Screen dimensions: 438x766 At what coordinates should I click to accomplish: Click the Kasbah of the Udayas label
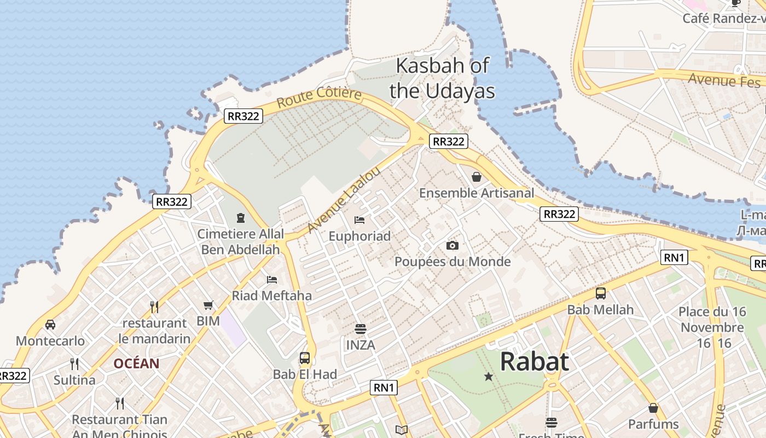coord(442,78)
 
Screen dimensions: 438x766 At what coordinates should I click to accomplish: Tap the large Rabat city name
coord(534,362)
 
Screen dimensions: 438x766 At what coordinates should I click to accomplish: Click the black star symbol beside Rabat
coord(489,377)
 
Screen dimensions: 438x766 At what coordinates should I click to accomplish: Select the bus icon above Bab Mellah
coord(601,293)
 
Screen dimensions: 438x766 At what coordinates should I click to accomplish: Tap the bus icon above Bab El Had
coord(305,359)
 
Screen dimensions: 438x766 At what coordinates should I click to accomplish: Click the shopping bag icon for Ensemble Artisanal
coord(477,177)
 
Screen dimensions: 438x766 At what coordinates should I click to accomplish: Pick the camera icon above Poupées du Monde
coord(452,245)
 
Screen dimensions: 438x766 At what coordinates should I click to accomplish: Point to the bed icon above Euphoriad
coord(359,220)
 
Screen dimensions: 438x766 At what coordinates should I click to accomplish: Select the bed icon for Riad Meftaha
coord(272,280)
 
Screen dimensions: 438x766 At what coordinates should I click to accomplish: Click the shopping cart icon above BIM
coord(208,305)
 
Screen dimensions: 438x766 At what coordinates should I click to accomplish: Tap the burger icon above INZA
coord(360,329)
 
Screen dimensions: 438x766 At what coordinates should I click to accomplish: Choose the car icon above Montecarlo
coord(50,325)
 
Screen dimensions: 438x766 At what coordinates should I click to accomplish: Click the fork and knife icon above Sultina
coord(74,364)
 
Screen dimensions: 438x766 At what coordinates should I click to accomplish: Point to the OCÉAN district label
coord(136,364)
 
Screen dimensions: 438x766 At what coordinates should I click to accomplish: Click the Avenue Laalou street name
coord(344,200)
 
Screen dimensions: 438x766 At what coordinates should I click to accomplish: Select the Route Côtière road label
coord(319,97)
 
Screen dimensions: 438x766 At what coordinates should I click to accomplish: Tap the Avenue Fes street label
coord(724,80)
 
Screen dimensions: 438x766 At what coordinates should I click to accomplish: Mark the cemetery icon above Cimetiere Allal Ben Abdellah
coord(240,218)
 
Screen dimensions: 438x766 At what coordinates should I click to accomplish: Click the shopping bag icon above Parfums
coord(653,408)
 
